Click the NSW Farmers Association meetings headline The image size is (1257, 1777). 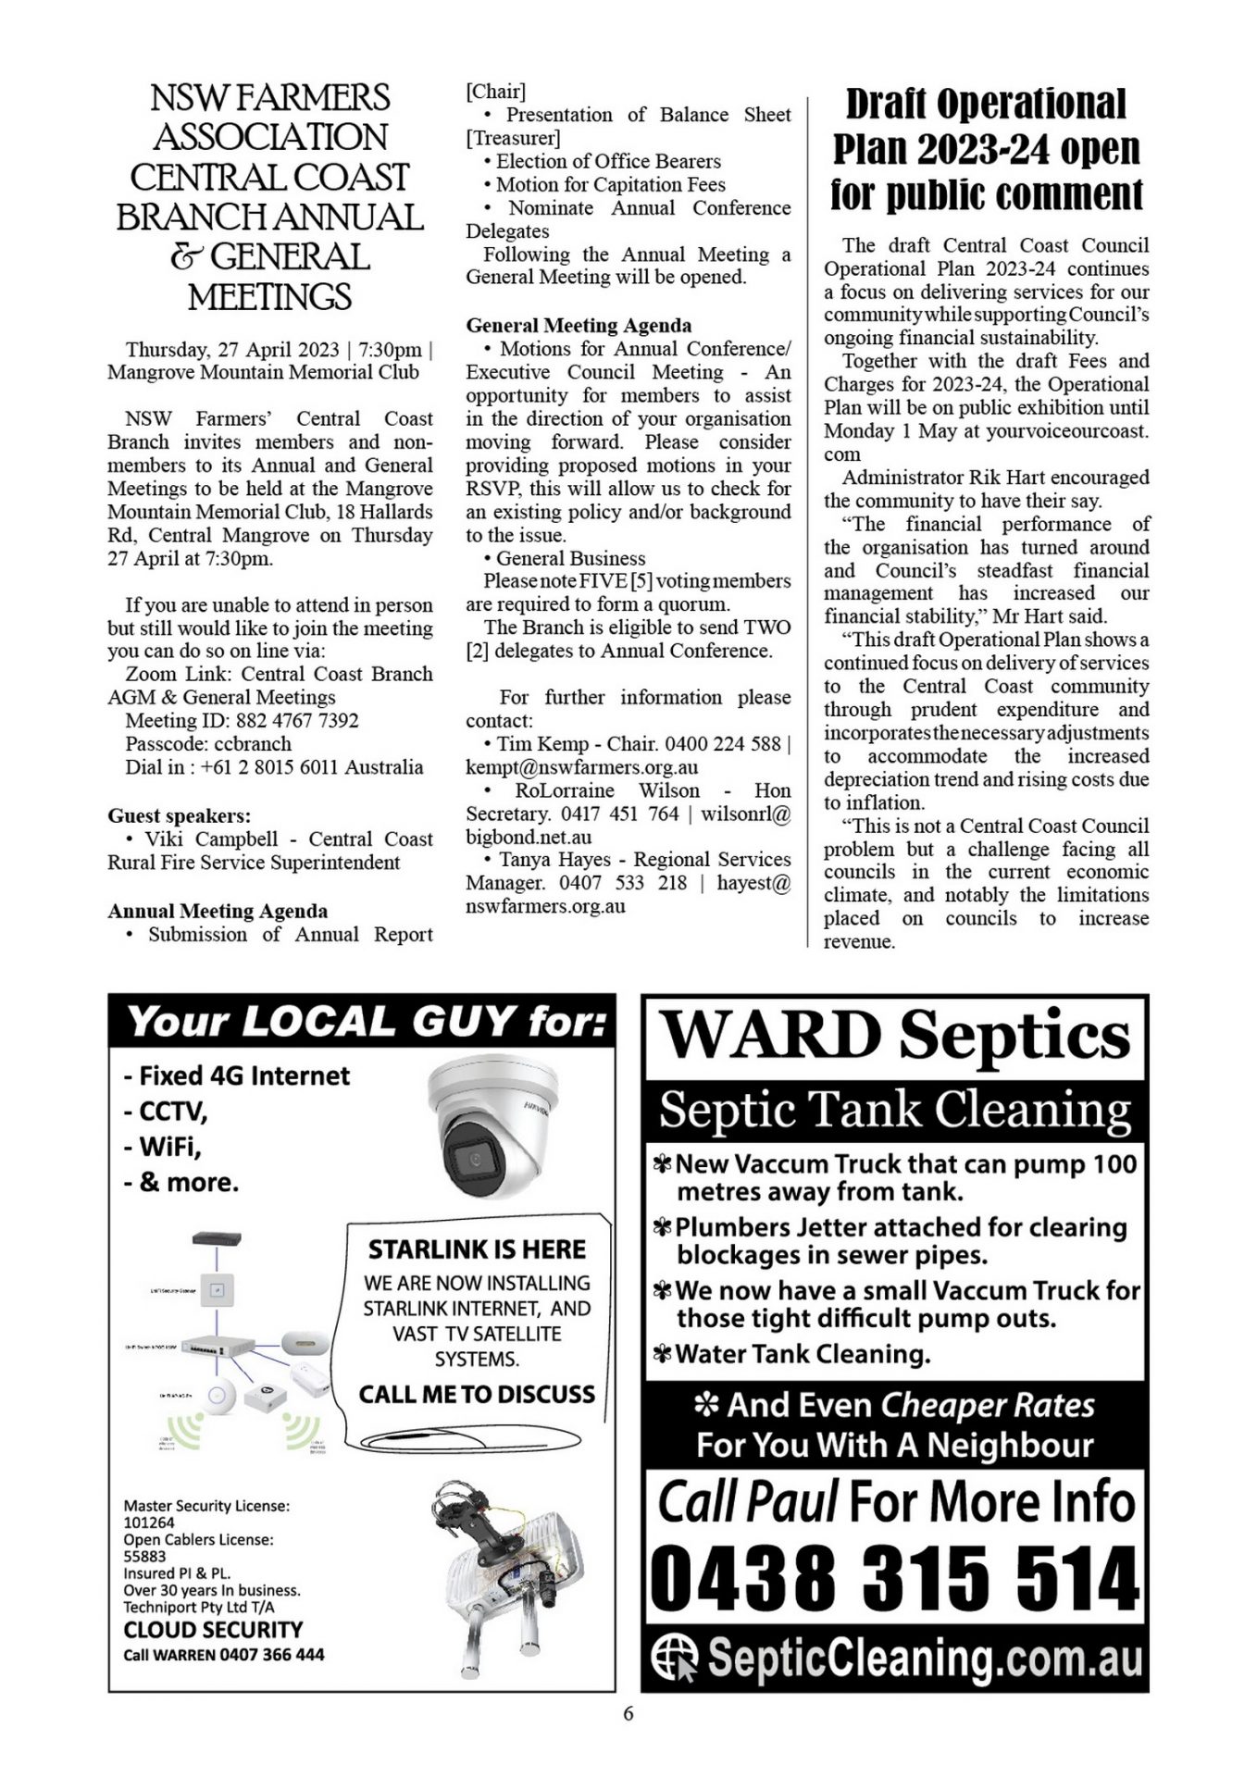point(269,196)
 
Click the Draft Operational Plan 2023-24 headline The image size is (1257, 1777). point(986,149)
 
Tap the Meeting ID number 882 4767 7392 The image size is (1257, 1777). point(297,720)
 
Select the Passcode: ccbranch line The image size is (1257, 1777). point(208,743)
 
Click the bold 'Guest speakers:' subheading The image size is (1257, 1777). point(179,815)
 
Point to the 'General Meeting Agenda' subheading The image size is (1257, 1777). point(579,325)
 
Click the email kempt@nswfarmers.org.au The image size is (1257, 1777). point(581,766)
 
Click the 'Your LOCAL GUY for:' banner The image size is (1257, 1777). point(362,1022)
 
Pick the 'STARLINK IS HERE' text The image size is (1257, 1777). point(477,1249)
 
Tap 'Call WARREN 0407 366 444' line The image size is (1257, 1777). point(224,1654)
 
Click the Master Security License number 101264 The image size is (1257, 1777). point(149,1522)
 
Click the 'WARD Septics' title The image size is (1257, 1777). point(895,1035)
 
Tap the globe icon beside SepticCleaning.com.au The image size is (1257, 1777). point(674,1658)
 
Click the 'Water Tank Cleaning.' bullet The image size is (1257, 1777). point(802,1354)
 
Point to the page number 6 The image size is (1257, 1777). point(628,1713)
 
